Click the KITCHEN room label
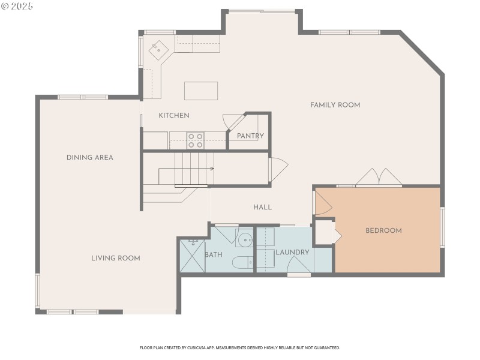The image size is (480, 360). click(174, 115)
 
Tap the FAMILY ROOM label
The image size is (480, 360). click(335, 105)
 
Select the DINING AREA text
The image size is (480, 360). click(89, 158)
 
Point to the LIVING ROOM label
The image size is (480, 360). click(115, 259)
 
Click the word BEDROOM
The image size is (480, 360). click(383, 230)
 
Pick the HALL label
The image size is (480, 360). click(262, 207)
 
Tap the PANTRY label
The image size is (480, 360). click(250, 136)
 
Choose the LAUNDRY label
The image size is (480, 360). click(292, 253)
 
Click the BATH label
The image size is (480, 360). click(214, 254)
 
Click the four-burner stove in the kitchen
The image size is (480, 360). click(195, 140)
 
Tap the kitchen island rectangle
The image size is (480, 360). click(200, 91)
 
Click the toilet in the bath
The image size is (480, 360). click(241, 262)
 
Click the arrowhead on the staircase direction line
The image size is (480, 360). click(212, 169)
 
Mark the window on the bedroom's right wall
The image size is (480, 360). click(442, 227)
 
